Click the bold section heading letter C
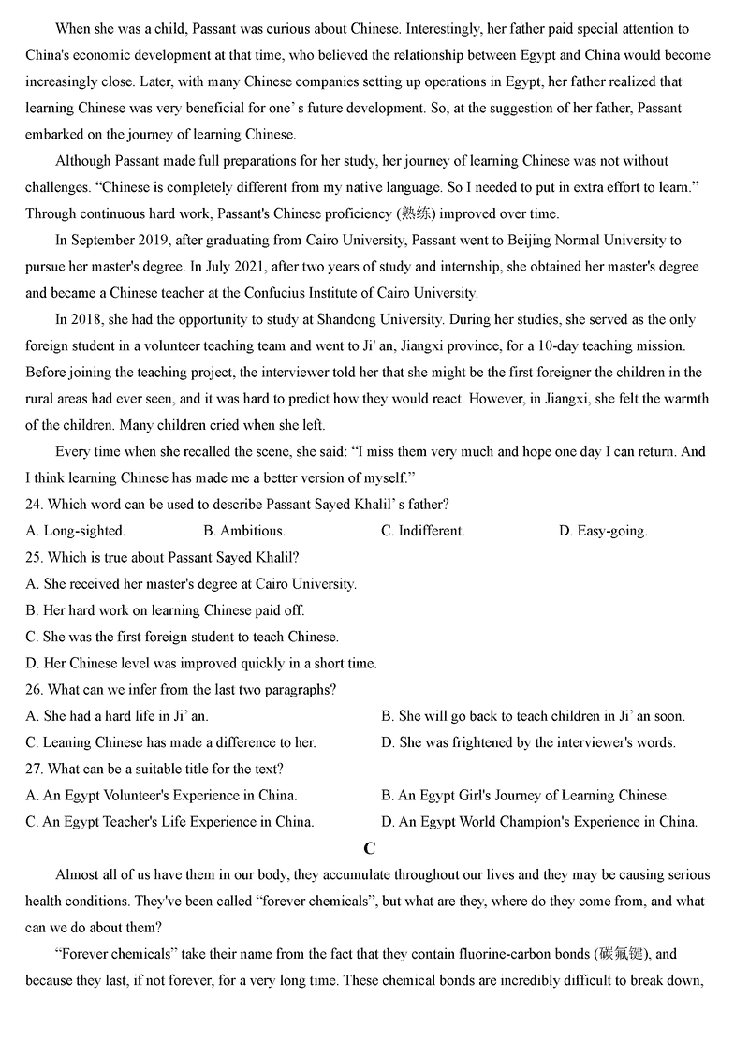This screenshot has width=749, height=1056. [370, 849]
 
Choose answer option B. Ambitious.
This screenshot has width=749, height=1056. [244, 531]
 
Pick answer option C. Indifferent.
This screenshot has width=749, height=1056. [422, 531]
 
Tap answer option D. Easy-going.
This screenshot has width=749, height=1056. [603, 531]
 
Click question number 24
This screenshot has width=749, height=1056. [34, 505]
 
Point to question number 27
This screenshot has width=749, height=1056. [34, 769]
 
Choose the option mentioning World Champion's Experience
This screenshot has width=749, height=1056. [539, 822]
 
